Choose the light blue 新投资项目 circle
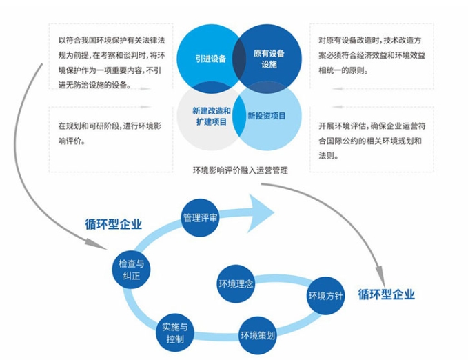pos(267,116)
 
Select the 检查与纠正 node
pos(131,269)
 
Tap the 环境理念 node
pos(236,283)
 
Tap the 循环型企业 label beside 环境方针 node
pos(387,294)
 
